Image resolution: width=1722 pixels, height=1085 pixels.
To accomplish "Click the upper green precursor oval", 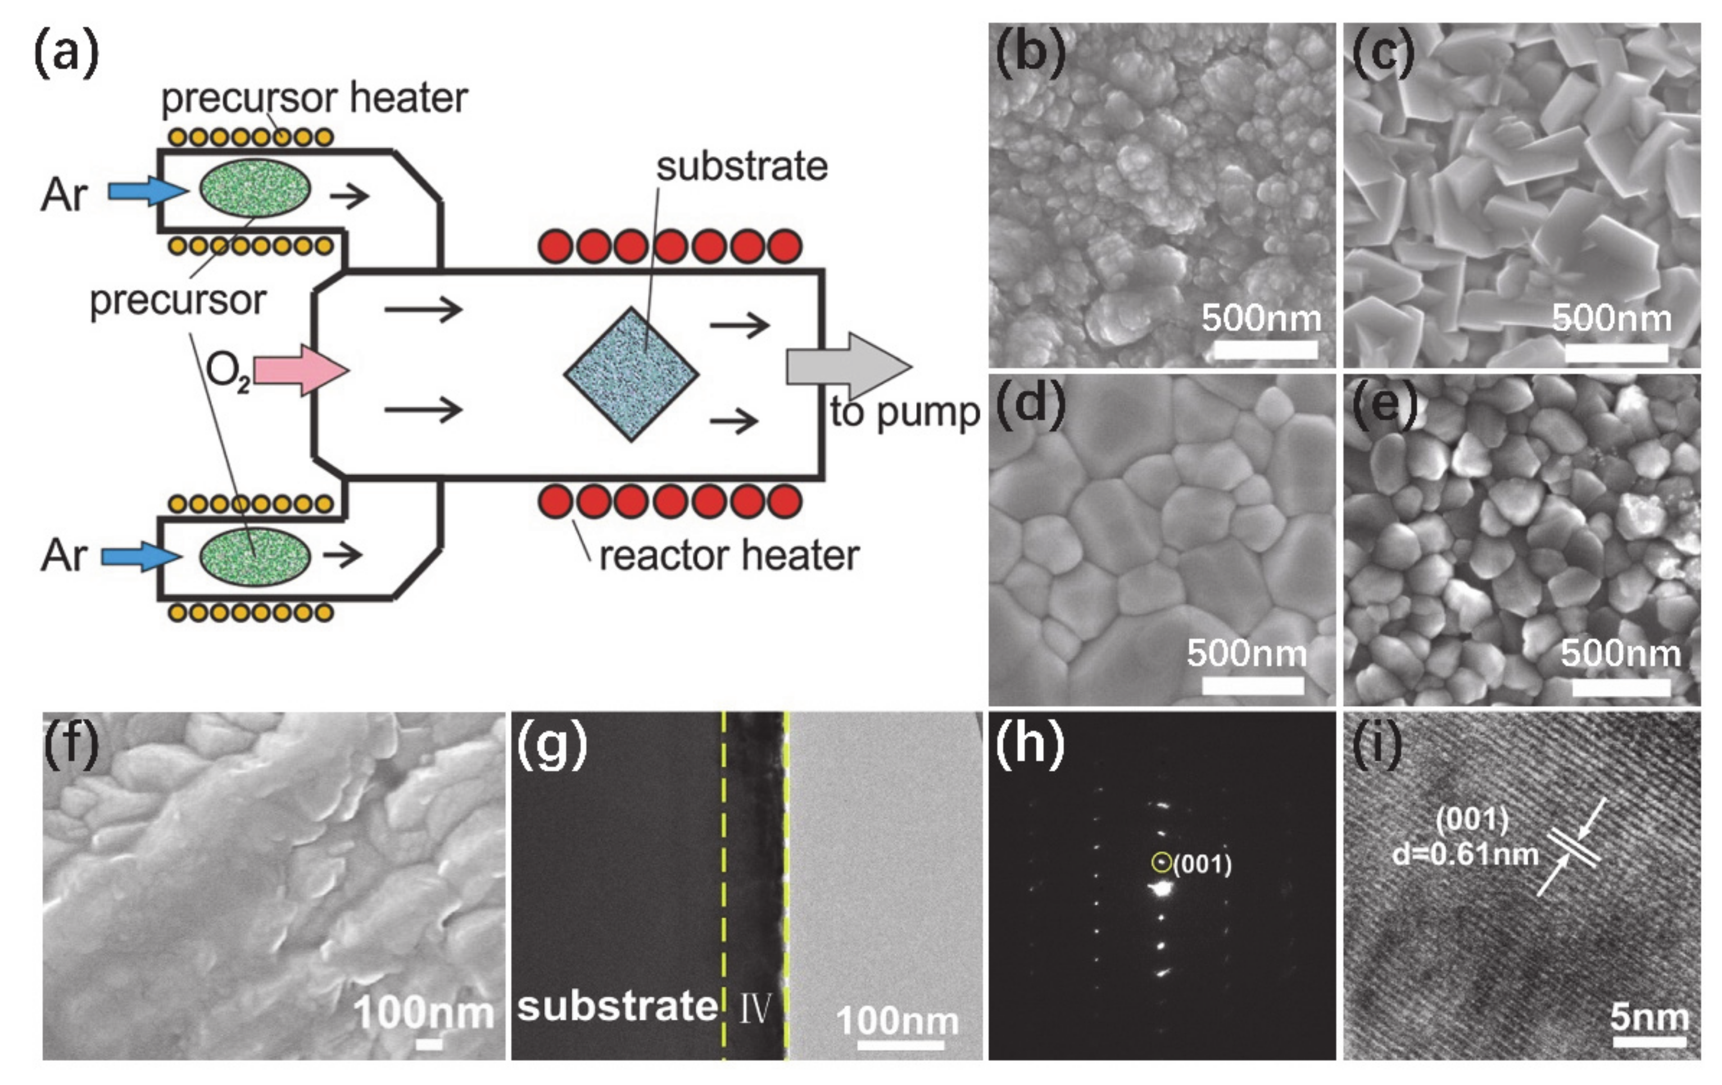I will (x=255, y=188).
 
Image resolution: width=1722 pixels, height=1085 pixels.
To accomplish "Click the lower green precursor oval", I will (x=255, y=557).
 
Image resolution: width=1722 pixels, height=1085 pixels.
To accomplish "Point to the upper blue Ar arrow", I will (x=147, y=191).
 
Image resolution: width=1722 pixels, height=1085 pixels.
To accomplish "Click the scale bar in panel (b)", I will (x=1265, y=349).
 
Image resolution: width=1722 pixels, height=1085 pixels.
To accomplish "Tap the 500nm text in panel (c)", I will (x=1612, y=318).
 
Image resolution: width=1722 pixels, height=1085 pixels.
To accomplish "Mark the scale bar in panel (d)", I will (x=1252, y=686).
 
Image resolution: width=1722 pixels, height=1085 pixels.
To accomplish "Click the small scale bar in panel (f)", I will (x=429, y=1044).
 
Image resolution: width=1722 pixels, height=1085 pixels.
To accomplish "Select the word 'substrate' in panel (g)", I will (x=617, y=1006).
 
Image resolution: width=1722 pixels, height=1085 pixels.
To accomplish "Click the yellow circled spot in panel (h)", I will (x=1161, y=863).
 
